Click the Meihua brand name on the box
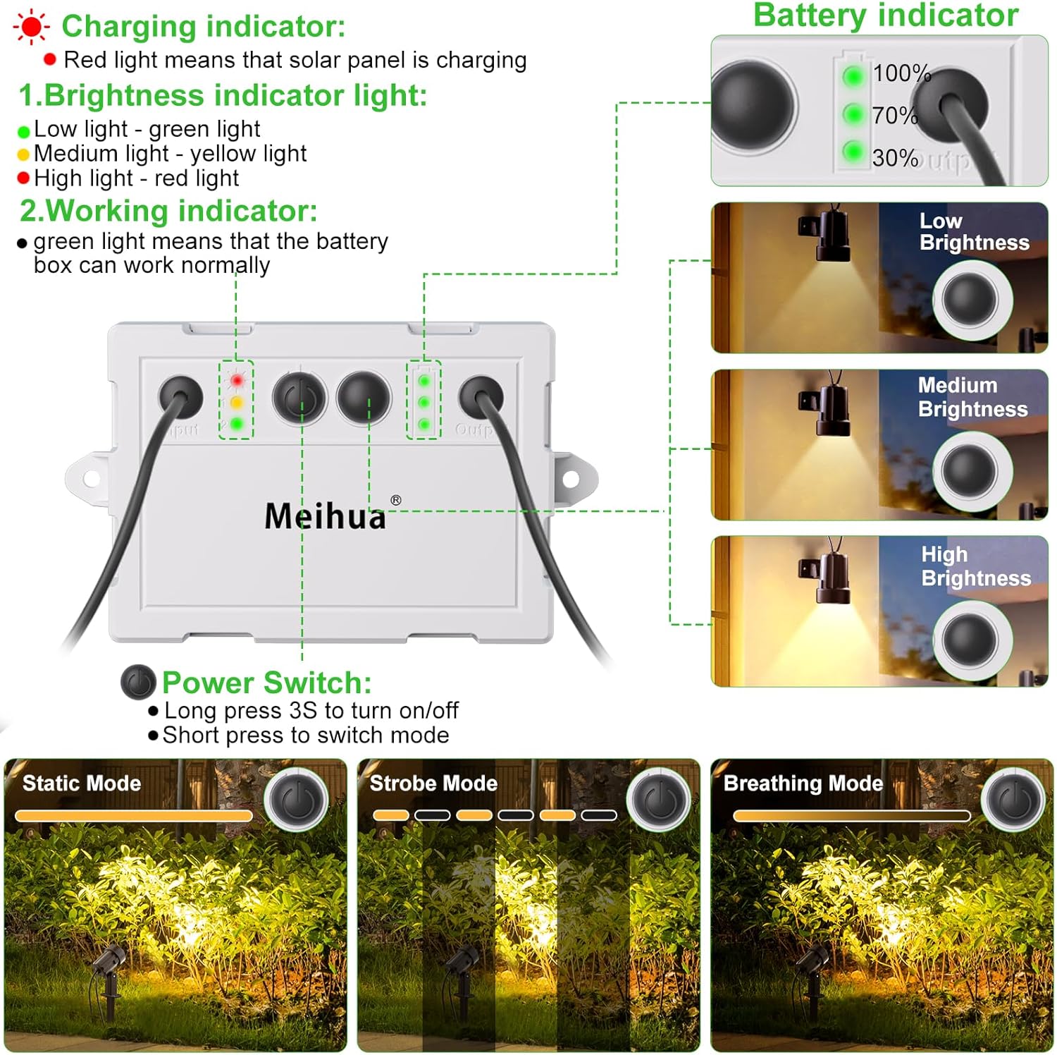tap(326, 516)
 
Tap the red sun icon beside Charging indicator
tap(31, 28)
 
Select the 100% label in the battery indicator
tap(901, 73)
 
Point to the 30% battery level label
tap(895, 158)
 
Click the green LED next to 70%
tap(853, 114)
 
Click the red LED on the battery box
tap(237, 381)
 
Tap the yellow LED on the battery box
tap(237, 403)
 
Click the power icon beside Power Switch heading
tap(138, 682)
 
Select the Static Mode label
tap(81, 783)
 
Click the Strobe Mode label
tap(433, 783)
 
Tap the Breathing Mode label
tap(803, 783)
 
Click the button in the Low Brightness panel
tap(970, 299)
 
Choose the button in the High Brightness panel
tap(970, 638)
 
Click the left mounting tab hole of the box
tap(90, 479)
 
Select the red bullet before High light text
tap(23, 178)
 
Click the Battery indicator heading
tap(886, 16)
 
